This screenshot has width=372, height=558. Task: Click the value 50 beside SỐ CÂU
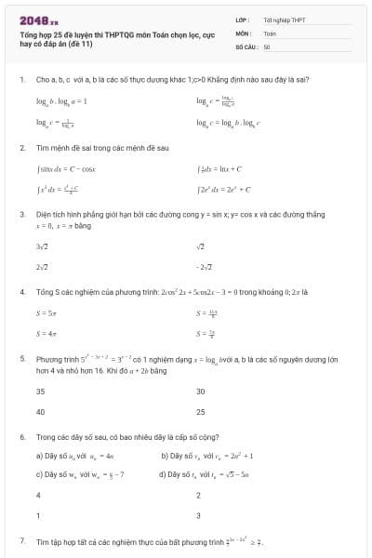pyautogui.click(x=267, y=46)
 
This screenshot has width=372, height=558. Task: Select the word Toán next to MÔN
pyautogui.click(x=270, y=33)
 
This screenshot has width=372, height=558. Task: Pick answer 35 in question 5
pyautogui.click(x=41, y=392)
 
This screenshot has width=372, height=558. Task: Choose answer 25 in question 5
pyautogui.click(x=201, y=411)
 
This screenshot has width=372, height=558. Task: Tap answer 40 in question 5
pyautogui.click(x=41, y=411)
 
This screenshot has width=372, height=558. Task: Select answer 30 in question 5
pyautogui.click(x=201, y=392)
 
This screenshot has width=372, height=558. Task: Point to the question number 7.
pyautogui.click(x=21, y=540)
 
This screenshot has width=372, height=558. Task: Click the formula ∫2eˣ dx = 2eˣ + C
pyautogui.click(x=224, y=190)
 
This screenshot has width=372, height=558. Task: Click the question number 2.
pyautogui.click(x=21, y=148)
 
